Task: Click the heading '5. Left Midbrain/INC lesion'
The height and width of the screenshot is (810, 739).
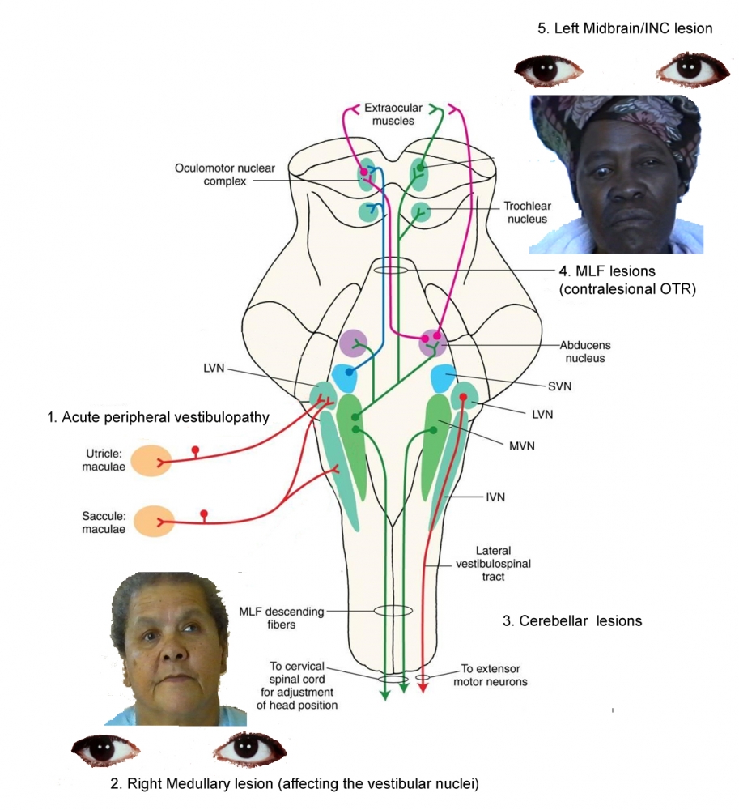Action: pos(625,28)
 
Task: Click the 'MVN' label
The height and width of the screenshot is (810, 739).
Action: pos(503,446)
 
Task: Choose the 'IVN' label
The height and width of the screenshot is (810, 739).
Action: pos(495,497)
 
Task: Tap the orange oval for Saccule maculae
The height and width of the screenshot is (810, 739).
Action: pos(154,522)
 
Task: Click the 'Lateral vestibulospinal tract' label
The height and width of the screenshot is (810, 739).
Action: pos(482,563)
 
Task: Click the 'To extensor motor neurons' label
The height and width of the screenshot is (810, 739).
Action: pos(495,675)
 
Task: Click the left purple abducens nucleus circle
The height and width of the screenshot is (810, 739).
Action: pos(354,343)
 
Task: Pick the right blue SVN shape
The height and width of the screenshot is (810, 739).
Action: pos(444,378)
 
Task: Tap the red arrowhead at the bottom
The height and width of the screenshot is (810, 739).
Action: pos(422,688)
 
